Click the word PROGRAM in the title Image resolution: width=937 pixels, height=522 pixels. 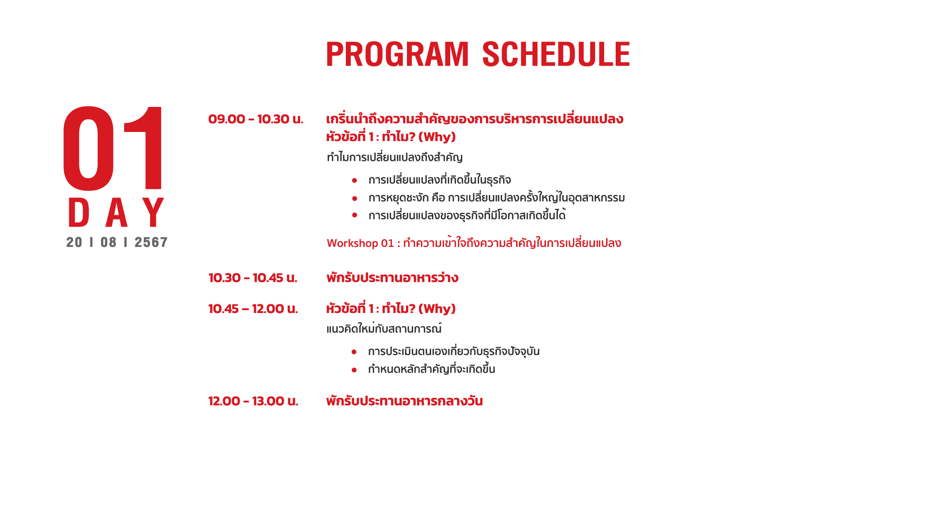397,54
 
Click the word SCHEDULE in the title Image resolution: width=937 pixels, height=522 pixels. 556,54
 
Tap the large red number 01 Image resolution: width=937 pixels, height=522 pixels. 114,148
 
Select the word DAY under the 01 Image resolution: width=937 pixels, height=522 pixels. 116,212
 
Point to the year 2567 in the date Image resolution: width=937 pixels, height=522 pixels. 151,242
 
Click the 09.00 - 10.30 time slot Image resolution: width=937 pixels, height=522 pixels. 256,119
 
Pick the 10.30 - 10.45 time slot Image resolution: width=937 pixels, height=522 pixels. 253,278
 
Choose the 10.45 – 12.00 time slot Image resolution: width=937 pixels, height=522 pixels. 253,309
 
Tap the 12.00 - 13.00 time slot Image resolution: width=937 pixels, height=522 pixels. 253,401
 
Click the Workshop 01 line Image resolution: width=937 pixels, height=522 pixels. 474,243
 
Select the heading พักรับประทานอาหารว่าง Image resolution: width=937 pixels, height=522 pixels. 393,278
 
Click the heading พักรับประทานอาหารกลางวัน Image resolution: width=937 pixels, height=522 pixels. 405,401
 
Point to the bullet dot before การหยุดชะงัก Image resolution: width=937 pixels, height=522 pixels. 355,198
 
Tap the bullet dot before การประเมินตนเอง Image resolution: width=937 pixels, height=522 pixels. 354,352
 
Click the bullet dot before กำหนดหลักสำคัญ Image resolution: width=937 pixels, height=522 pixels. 354,370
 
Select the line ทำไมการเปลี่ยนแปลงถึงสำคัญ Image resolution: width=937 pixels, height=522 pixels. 394,157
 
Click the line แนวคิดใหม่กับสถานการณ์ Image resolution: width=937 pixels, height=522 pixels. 384,329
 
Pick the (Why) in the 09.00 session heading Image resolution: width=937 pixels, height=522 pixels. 437,137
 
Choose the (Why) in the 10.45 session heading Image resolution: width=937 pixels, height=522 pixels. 437,309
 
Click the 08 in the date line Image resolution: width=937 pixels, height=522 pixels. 109,242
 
